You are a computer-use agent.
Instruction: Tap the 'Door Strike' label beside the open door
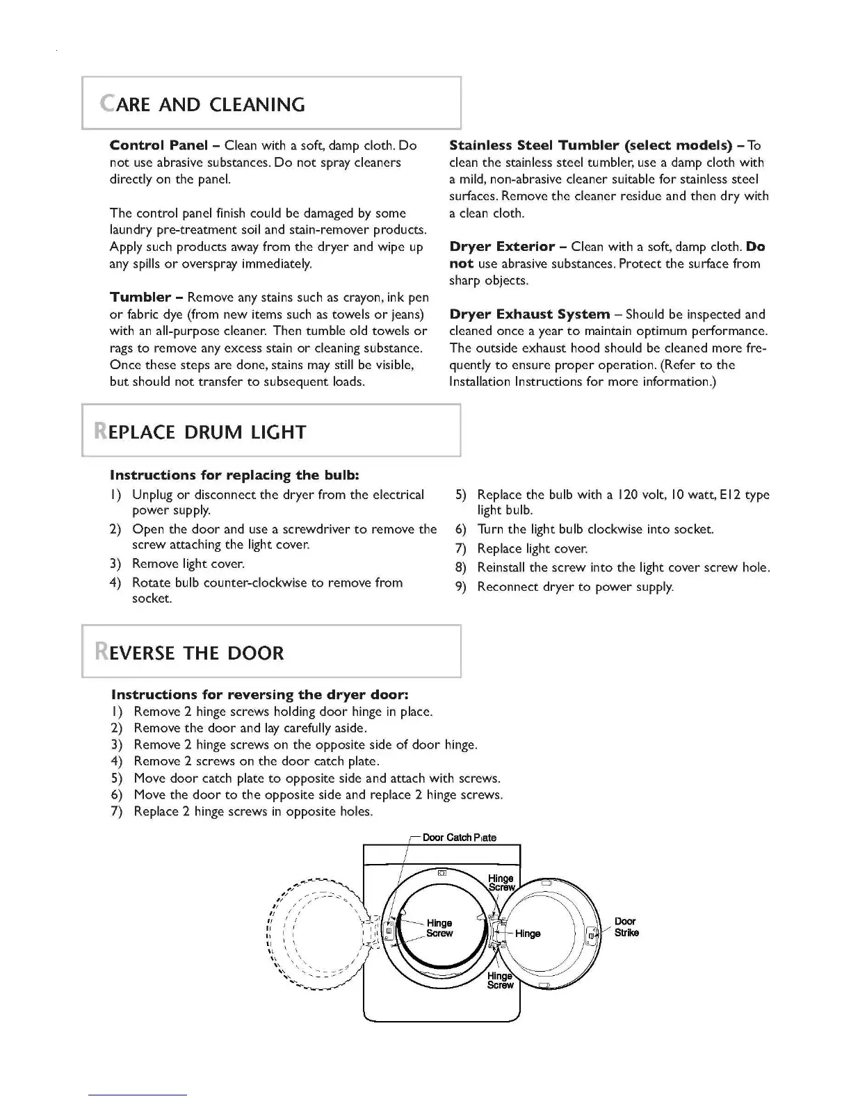[626, 927]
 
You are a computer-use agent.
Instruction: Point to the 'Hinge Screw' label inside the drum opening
[439, 928]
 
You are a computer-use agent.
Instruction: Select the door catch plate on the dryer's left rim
[389, 931]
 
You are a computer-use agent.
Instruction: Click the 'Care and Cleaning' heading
[202, 104]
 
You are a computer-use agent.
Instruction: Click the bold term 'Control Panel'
[159, 145]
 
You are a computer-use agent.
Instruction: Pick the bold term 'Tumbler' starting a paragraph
[140, 297]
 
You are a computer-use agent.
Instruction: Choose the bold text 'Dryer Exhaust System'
[529, 314]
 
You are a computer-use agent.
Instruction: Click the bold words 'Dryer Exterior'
[502, 247]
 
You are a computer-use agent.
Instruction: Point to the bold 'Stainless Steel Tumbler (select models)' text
[590, 145]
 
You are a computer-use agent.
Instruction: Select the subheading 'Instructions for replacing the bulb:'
[234, 475]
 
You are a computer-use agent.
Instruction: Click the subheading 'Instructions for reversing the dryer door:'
[259, 695]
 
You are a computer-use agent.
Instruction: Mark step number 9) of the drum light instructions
[460, 587]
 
